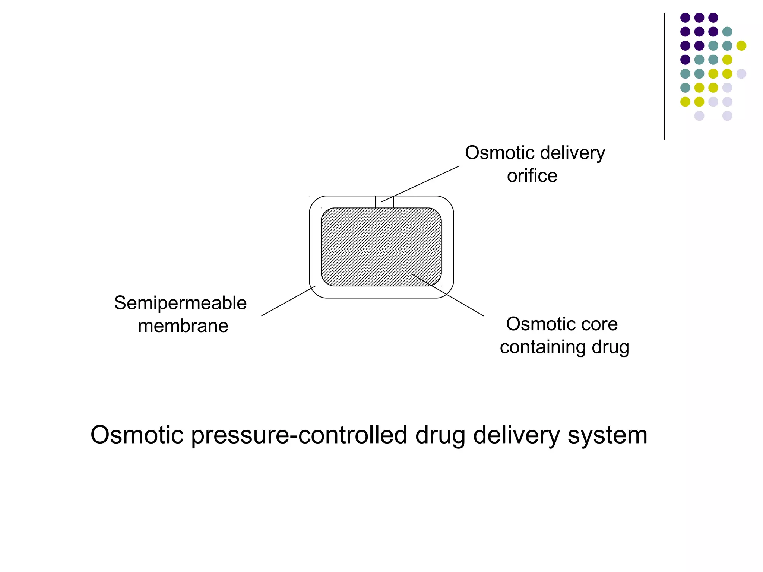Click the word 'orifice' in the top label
(532, 175)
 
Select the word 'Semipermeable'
(180, 303)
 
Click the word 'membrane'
(183, 326)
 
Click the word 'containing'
(543, 347)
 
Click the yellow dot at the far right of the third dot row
(741, 46)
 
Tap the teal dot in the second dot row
(727, 32)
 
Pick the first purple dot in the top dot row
(685, 18)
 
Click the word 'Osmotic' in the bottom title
(137, 435)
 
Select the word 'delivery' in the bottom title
(516, 435)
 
